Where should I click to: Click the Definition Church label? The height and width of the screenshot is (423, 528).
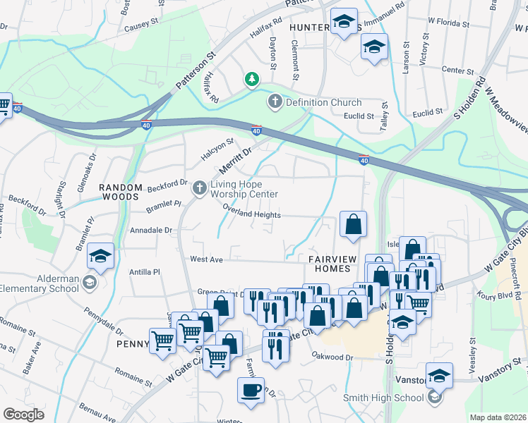click(323, 103)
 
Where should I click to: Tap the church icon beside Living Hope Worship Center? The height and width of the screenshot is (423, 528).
click(200, 188)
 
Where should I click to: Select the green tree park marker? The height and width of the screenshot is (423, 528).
click(251, 79)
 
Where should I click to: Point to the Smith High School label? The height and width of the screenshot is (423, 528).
click(383, 398)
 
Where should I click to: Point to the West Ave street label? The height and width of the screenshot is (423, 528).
click(206, 259)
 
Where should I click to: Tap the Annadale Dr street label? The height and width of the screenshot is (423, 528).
click(151, 230)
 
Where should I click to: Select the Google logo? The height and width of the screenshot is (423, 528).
click(24, 414)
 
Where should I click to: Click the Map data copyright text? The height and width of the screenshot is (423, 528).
click(498, 417)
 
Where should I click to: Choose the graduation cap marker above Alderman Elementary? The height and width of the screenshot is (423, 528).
click(101, 255)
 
